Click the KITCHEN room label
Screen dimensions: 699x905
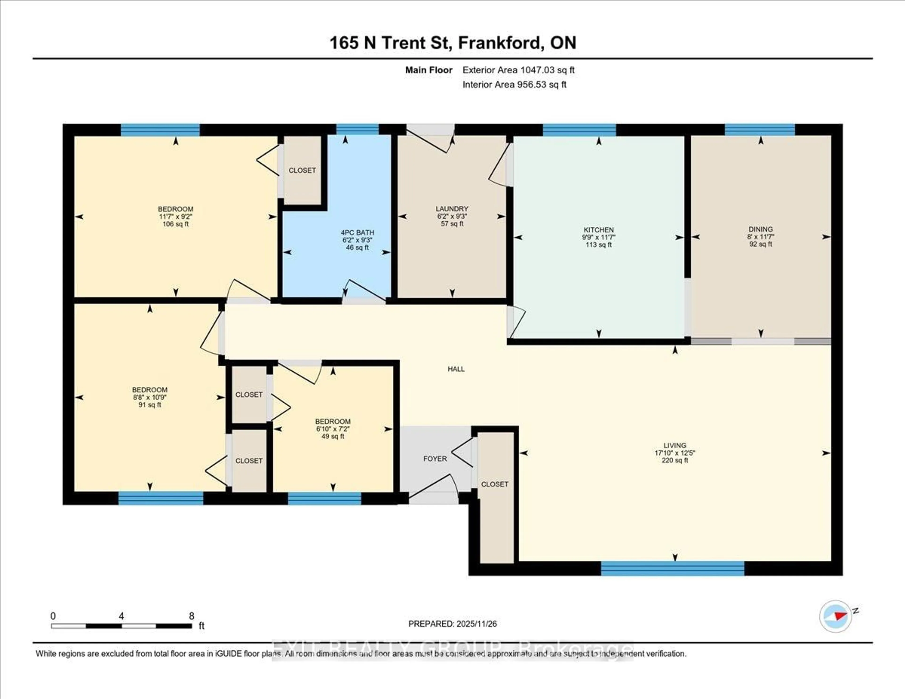point(598,230)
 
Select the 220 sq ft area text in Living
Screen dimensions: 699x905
point(675,460)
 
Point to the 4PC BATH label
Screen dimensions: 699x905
point(357,232)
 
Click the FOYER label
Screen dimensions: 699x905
point(435,459)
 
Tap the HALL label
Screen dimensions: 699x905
point(456,369)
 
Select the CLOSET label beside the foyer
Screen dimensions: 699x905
point(494,484)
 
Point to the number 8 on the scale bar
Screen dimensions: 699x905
point(191,616)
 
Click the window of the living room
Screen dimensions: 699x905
point(672,568)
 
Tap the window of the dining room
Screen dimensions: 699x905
point(760,130)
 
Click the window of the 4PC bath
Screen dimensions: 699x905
point(357,130)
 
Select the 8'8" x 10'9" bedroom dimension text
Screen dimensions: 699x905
point(150,397)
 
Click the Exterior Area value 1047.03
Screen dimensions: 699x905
point(537,70)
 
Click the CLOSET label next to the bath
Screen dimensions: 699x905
point(302,170)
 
